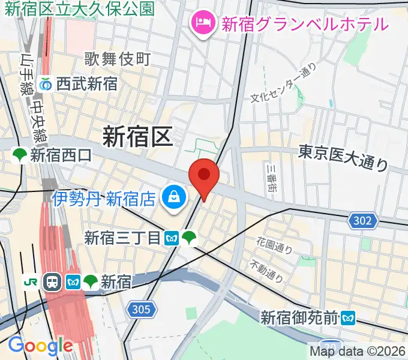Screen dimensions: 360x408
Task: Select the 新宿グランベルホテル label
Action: point(305,24)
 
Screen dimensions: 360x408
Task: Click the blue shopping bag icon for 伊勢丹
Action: point(173,197)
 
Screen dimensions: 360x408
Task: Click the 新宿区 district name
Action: point(137,136)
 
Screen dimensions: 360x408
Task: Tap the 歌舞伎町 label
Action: point(118,59)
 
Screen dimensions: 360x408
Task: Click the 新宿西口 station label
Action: point(61,156)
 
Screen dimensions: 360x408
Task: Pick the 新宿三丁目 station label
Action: point(123,238)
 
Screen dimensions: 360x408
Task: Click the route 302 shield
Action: point(362,221)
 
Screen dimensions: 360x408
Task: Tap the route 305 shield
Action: point(142,310)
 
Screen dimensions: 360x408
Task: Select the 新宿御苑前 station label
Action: point(299,317)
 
